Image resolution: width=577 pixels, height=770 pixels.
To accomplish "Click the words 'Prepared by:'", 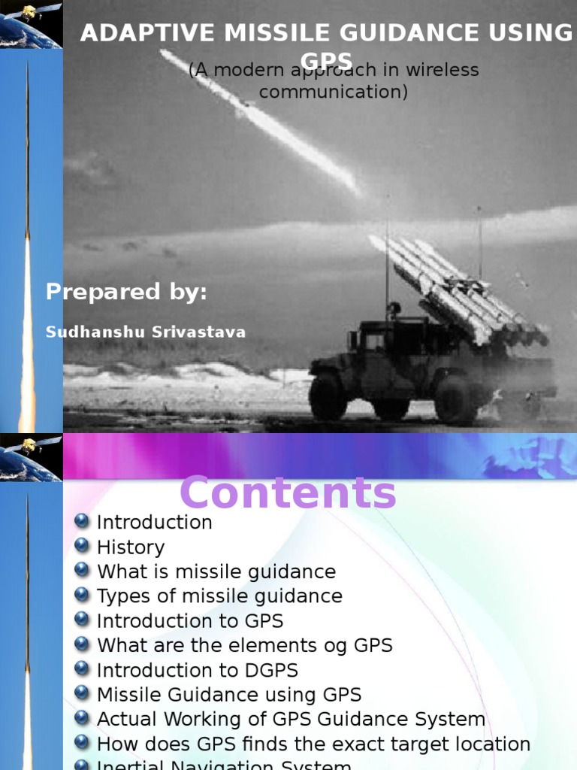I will click(126, 292).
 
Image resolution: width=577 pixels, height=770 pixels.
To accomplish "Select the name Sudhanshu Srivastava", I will click(146, 332).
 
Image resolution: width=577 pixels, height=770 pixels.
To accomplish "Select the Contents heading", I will click(288, 494).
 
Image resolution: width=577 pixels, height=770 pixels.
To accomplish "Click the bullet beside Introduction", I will click(82, 521).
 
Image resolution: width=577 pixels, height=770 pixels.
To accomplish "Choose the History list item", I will click(131, 547).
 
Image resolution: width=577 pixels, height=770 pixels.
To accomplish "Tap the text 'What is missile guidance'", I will click(216, 571).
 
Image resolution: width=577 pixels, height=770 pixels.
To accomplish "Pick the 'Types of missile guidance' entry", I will click(219, 596).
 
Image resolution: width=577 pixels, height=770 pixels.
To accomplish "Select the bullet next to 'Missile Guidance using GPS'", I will click(82, 694).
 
